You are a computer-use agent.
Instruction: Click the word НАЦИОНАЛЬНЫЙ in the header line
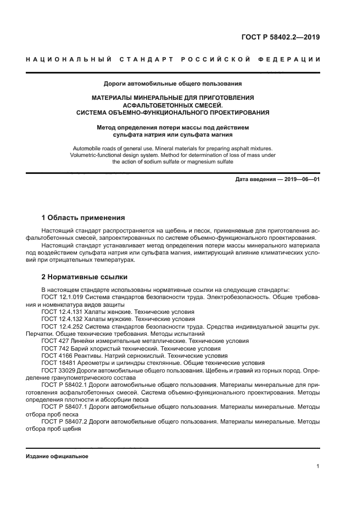tap(69, 59)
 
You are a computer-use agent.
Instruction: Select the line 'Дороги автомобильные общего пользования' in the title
tap(173, 84)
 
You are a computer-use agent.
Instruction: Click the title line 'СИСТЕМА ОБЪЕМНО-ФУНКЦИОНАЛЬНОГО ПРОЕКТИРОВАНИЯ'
tap(173, 112)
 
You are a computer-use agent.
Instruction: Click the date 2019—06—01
tap(301, 179)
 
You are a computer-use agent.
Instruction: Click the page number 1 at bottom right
tap(318, 466)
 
